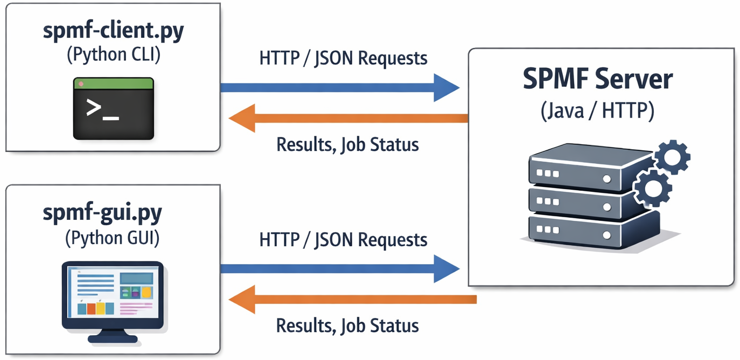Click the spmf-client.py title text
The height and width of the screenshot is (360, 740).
(x=113, y=32)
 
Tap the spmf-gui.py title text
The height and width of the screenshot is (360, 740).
(x=102, y=212)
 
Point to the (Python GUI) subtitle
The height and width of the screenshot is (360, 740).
(x=113, y=238)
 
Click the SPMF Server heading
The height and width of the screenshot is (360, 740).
(x=598, y=80)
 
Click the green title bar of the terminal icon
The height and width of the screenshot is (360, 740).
(x=114, y=84)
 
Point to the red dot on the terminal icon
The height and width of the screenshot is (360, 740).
(x=81, y=84)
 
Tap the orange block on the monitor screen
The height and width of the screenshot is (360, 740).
(x=92, y=308)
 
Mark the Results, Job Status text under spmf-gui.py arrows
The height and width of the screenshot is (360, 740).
(x=347, y=326)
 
